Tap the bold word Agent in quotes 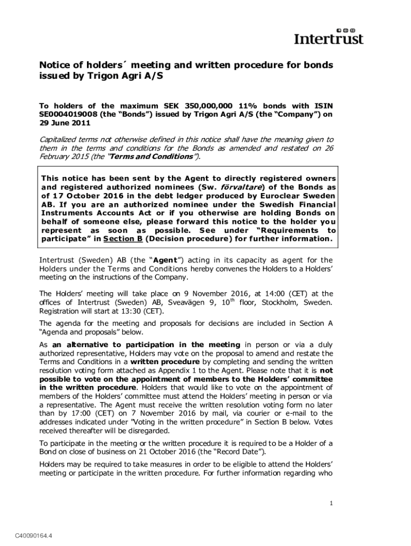139,260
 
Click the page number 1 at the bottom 331,503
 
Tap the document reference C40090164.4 37,535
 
